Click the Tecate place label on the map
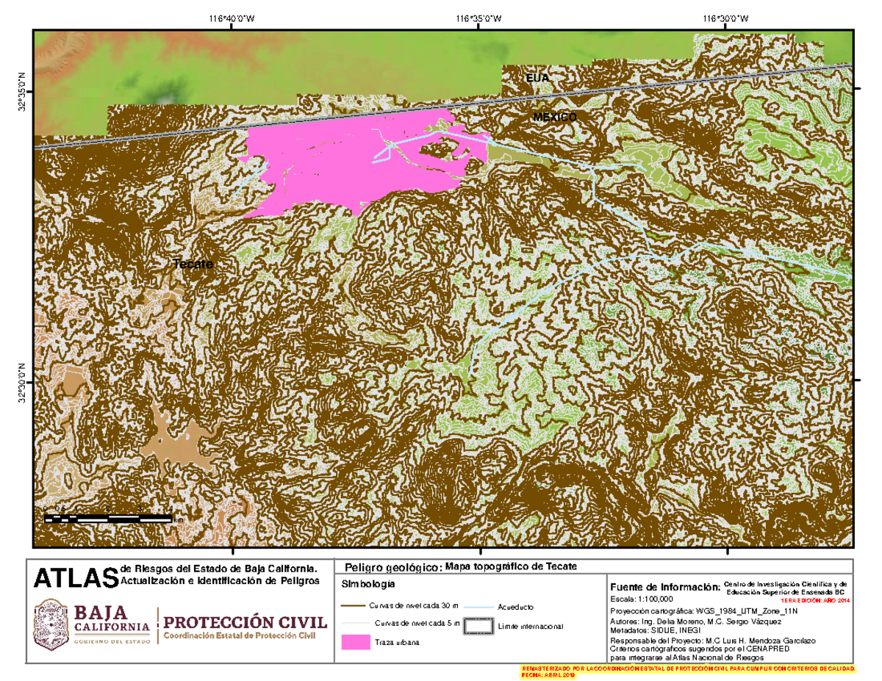click(193, 264)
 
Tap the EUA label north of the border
click(537, 78)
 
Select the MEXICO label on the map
click(555, 118)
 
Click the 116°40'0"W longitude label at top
click(232, 19)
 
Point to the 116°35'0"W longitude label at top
click(480, 19)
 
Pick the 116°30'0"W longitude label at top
click(727, 19)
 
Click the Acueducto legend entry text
click(515, 608)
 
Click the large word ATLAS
click(76, 577)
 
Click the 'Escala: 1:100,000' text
click(641, 599)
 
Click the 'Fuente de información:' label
click(663, 587)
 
